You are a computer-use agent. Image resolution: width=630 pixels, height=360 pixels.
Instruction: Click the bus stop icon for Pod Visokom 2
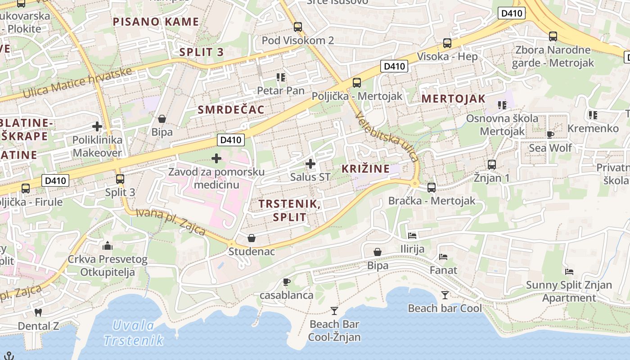point(297,27)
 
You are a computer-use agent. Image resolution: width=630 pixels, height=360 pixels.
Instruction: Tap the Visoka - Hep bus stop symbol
point(447,43)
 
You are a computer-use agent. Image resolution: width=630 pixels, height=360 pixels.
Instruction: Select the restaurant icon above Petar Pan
point(281,77)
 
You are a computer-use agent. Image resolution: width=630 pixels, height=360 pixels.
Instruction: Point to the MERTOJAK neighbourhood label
point(453,99)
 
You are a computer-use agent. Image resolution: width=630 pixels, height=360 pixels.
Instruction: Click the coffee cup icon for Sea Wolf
point(550,135)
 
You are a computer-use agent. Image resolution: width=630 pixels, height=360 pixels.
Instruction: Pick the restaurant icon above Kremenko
point(593,115)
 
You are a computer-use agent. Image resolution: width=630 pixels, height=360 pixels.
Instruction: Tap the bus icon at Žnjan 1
point(492,165)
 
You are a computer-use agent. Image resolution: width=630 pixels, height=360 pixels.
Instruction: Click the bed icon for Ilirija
point(412,235)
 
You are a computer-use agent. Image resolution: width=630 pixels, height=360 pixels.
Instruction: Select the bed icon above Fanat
point(443,257)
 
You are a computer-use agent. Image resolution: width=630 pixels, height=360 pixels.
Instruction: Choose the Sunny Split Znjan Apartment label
point(569,291)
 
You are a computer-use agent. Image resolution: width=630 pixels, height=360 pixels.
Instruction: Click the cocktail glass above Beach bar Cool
point(445,295)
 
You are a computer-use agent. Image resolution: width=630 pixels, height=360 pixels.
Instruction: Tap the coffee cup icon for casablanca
point(286,282)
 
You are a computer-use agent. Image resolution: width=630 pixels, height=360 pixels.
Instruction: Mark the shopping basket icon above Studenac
point(252,238)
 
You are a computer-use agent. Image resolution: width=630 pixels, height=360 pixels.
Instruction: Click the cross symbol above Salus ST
point(310,164)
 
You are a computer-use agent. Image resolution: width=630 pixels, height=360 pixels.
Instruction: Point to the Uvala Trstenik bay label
point(133,333)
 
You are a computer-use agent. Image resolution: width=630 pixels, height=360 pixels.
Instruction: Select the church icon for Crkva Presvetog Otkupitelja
point(108,246)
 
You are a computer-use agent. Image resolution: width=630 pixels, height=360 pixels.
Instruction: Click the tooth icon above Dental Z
point(38,312)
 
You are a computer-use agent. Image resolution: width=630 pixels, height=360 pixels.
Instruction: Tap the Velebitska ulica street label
point(387,137)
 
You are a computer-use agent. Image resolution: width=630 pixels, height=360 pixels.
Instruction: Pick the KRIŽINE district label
point(365,169)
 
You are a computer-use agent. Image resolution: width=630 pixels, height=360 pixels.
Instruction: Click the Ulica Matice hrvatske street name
point(77,83)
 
